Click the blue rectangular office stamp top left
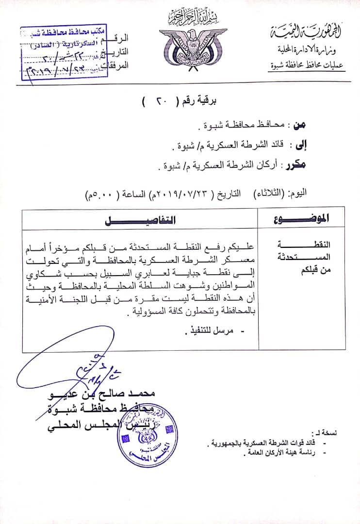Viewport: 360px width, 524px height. [x=66, y=50]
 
